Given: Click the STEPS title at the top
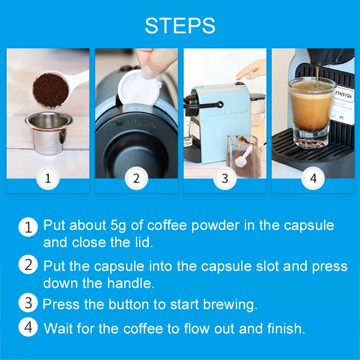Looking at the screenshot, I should coord(180,26).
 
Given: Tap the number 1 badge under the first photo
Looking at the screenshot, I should coord(48,178).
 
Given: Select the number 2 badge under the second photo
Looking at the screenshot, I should coord(136,178).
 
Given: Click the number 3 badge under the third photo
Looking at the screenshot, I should coord(225,178).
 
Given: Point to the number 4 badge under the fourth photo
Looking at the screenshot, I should coord(313,178).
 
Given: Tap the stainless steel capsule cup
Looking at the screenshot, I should coord(47,133).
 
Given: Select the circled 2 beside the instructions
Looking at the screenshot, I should coord(28,265).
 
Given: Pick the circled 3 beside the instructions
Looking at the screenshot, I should coord(28,303).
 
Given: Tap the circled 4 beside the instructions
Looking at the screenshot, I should coord(28,327).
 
